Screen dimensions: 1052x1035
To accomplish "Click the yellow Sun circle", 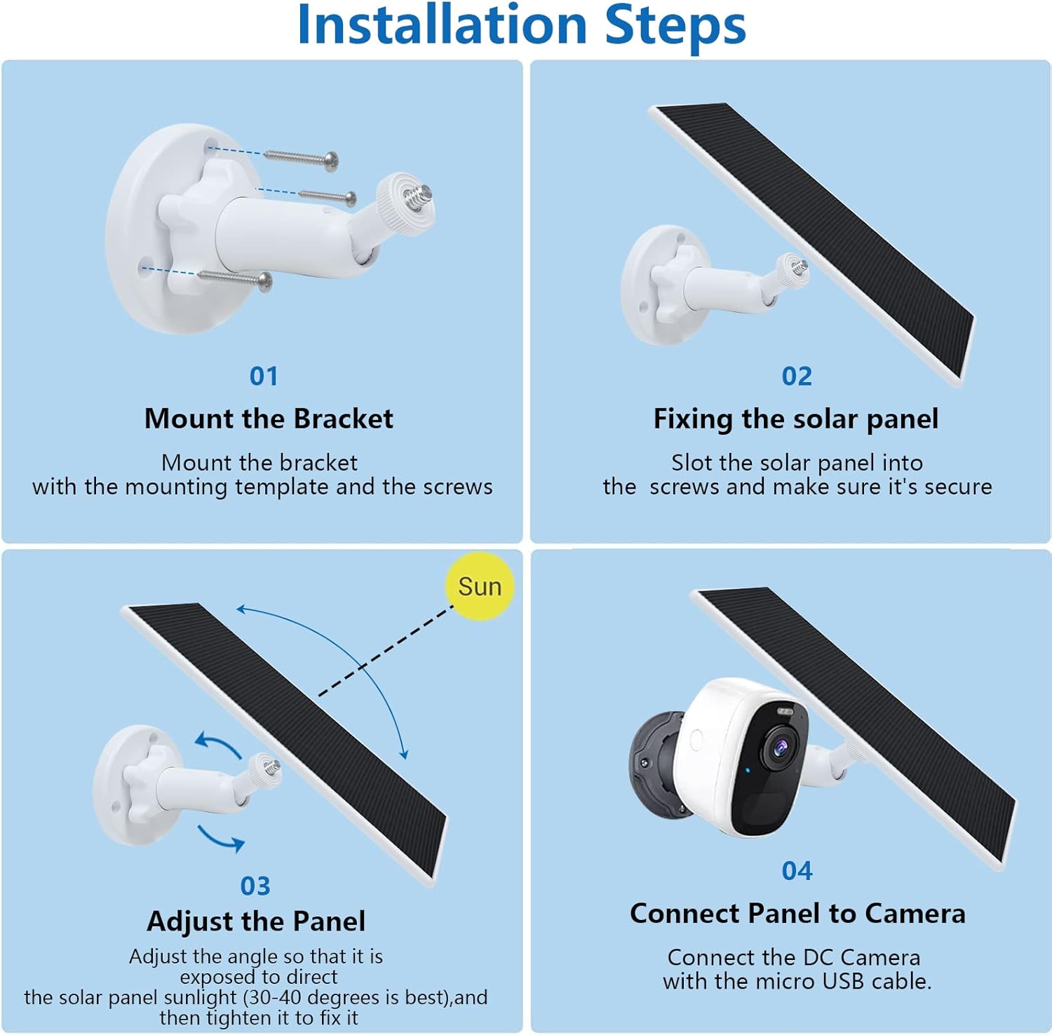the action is (480, 586).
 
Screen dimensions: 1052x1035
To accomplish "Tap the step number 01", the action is (264, 377).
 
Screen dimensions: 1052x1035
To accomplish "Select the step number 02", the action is (797, 377).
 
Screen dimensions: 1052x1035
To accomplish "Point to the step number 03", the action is (255, 886).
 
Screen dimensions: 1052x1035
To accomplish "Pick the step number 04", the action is (797, 871).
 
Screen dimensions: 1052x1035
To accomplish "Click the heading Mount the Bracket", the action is (269, 419).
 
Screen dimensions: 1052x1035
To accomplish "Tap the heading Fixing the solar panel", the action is (796, 419).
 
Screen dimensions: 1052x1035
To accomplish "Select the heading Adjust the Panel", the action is (256, 921).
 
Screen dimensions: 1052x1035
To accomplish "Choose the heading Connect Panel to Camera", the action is (797, 914).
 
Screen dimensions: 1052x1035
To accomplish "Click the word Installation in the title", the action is (443, 25).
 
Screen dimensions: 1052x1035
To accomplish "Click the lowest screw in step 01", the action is (235, 278).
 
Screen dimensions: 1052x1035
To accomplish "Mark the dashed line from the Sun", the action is (386, 650).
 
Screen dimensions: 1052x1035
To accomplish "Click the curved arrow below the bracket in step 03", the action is (220, 837).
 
